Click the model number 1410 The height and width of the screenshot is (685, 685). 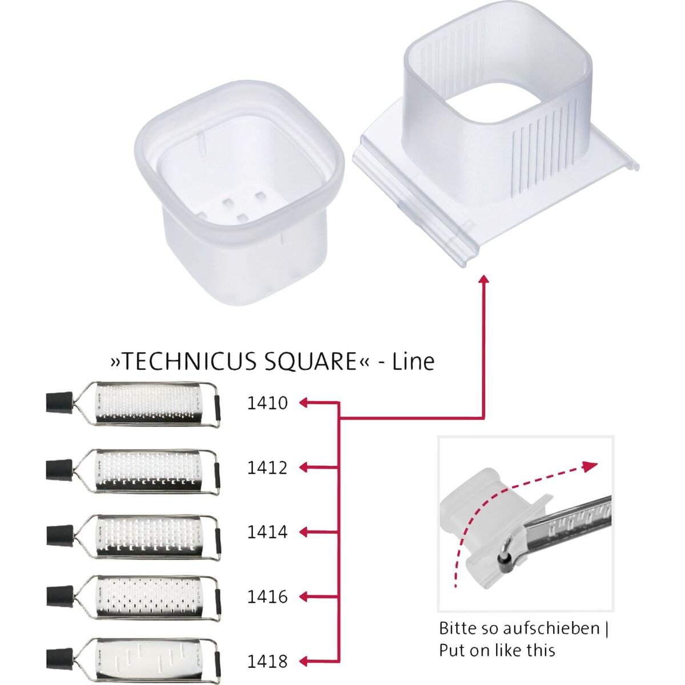pos(267,403)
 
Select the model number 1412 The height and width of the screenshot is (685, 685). pos(267,468)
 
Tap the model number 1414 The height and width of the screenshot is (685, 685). pos(267,532)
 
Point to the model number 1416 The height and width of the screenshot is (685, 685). pos(267,597)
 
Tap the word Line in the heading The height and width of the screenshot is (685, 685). pos(413,361)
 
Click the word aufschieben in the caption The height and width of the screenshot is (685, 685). pos(551,628)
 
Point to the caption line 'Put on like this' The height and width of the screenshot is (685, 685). pos(497,651)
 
